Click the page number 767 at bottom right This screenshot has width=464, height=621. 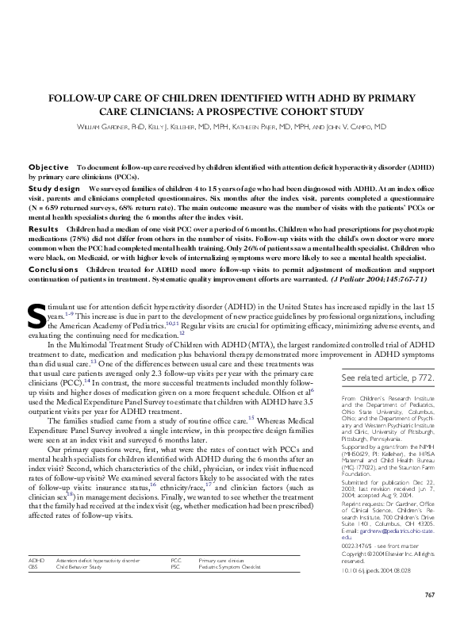click(429, 594)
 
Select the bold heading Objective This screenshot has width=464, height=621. click(48, 167)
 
